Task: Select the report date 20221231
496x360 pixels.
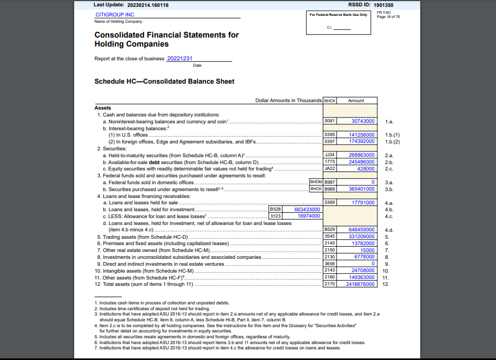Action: [180, 58]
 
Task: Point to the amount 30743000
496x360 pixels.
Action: [363, 121]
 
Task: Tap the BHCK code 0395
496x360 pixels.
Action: [330, 135]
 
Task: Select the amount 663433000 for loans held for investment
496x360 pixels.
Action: [307, 209]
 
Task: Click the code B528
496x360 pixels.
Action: [276, 209]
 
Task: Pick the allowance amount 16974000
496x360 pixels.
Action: [309, 216]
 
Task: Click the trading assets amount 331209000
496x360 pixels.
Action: [362, 237]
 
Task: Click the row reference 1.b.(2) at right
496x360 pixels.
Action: [392, 141]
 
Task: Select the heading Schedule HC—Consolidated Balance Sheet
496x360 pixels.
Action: [164, 82]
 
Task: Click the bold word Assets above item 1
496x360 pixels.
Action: [103, 108]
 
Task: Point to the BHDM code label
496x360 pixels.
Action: [316, 182]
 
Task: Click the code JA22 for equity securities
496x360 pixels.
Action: [330, 168]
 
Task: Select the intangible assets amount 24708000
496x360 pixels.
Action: [363, 271]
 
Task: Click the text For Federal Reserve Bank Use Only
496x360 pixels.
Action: [338, 15]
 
